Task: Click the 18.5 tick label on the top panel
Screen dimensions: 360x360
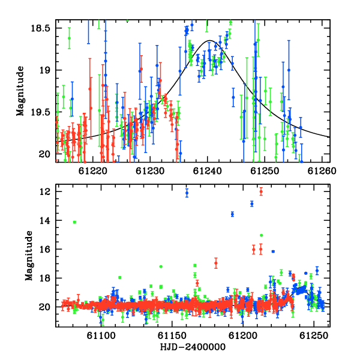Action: click(x=40, y=28)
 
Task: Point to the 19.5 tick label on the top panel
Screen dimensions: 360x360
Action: click(x=40, y=112)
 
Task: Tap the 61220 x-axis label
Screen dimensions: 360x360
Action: click(x=93, y=171)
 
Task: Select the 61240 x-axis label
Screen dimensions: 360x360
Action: click(x=208, y=171)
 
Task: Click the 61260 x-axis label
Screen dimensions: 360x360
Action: click(x=322, y=171)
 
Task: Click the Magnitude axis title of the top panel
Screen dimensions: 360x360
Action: click(x=20, y=91)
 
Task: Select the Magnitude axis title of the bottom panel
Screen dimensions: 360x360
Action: click(x=29, y=256)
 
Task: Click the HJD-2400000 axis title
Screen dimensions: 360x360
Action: click(x=193, y=347)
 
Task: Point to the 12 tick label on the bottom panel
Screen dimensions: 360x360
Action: click(x=44, y=191)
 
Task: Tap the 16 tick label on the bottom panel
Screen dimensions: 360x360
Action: click(x=44, y=249)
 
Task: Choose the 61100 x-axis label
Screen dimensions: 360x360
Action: click(x=101, y=335)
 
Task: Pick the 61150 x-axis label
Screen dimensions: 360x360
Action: click(x=172, y=335)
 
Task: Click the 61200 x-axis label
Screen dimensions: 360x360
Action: click(x=243, y=335)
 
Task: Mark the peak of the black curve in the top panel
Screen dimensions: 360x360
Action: click(x=209, y=40)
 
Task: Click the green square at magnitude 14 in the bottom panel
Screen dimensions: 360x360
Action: click(x=74, y=222)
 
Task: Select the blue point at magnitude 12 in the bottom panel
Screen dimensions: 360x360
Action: click(x=187, y=193)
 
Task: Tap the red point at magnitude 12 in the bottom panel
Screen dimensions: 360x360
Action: click(x=261, y=191)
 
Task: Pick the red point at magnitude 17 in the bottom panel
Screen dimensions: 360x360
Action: click(x=216, y=263)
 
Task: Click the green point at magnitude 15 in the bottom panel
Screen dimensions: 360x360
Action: click(x=261, y=235)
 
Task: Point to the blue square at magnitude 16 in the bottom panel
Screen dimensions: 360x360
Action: click(x=273, y=251)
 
